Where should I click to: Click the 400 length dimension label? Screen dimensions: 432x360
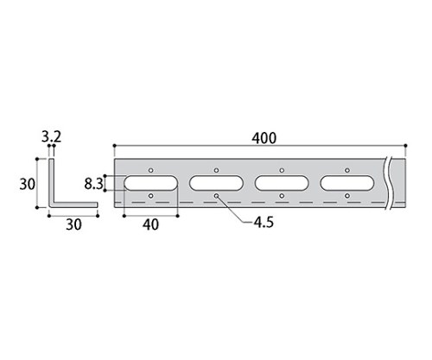[x=264, y=138]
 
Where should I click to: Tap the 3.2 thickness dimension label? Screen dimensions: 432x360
[x=52, y=137]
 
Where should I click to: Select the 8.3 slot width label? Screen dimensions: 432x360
[x=93, y=184]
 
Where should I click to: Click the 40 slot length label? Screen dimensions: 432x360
[x=150, y=224]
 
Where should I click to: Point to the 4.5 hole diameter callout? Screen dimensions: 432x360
[x=264, y=222]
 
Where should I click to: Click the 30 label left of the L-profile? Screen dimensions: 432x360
[x=28, y=184]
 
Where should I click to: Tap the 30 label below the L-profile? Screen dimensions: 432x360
[x=73, y=224]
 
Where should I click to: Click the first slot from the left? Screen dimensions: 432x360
[x=151, y=183]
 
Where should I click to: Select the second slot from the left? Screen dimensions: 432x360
[x=216, y=183]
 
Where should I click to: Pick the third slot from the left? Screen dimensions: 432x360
[x=282, y=183]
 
